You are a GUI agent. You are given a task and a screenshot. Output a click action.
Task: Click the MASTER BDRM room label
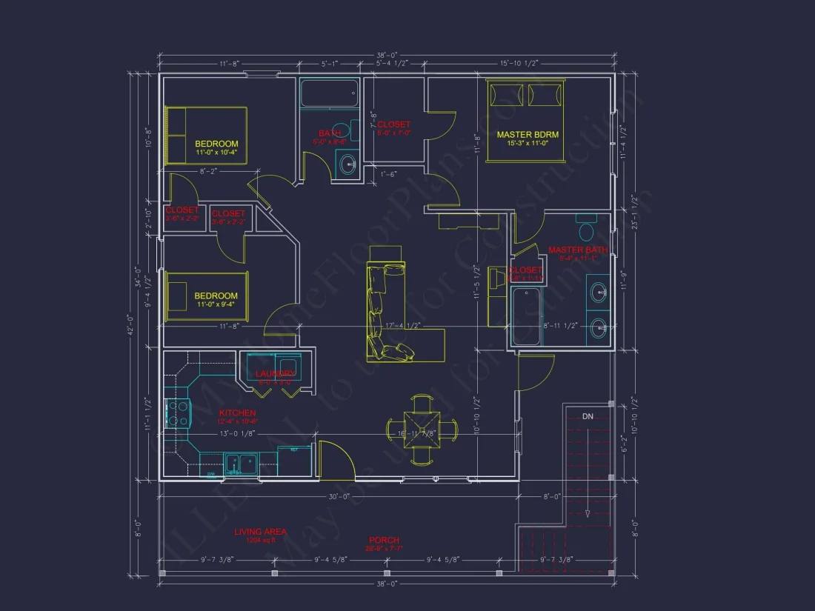coord(528,135)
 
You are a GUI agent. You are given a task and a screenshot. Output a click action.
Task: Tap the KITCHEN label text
coord(237,413)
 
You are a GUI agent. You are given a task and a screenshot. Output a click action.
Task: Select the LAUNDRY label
coord(276,374)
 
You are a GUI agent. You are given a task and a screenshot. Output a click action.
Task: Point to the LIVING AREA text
coord(260,532)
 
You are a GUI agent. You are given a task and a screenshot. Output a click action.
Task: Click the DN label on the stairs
coord(587,417)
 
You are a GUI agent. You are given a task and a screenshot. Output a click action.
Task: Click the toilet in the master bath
coord(586,223)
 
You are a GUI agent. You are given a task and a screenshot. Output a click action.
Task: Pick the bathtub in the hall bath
coord(329,93)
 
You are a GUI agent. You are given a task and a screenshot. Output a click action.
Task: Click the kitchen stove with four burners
coord(179,413)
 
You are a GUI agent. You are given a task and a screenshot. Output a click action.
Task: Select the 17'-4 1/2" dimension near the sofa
coord(404,326)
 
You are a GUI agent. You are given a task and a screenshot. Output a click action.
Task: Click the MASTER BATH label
coord(577,250)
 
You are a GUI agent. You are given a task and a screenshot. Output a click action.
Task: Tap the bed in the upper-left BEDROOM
coord(205,134)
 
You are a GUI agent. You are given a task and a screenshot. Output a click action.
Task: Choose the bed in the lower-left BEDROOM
coord(206,296)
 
